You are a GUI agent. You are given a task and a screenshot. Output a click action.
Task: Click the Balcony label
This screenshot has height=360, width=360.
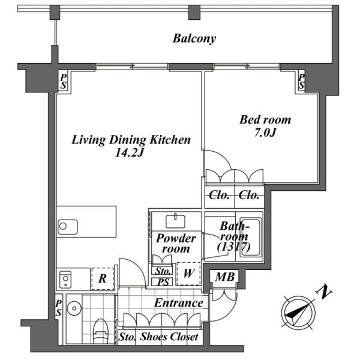point(194,38)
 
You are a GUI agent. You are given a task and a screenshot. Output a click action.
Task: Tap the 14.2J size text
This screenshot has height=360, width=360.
point(129,152)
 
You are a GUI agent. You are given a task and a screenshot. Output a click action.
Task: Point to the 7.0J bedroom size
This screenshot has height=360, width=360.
point(265,132)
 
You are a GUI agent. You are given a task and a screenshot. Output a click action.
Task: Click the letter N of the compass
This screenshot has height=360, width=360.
point(324,292)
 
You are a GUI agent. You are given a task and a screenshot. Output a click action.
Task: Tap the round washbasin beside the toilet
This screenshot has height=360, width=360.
point(74,308)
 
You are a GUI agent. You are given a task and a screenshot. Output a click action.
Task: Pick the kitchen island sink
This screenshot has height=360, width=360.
point(67,227)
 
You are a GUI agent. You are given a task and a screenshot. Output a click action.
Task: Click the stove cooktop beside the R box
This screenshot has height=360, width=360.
point(65,280)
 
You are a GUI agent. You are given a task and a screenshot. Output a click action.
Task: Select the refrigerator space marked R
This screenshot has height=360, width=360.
point(103,278)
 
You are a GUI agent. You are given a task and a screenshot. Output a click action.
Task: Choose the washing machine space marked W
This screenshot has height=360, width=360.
point(188,274)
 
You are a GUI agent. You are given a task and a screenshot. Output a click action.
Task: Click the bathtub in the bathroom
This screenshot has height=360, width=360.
point(250,238)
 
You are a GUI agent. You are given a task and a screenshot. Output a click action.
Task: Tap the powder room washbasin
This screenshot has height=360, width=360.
point(175,221)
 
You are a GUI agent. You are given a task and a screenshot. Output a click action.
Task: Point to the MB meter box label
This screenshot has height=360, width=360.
point(225,277)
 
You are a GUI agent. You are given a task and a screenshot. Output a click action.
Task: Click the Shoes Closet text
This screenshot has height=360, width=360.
point(169,337)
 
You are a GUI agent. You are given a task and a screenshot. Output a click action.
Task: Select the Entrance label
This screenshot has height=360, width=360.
point(179,303)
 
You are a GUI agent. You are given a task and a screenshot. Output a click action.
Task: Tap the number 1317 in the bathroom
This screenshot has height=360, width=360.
point(234,247)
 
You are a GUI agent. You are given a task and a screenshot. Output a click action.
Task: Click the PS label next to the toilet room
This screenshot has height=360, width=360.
point(59,308)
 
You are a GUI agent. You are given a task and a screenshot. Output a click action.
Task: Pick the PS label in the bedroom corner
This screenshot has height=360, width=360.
point(301,82)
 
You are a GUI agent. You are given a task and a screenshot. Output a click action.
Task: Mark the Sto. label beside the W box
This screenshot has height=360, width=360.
point(163,271)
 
